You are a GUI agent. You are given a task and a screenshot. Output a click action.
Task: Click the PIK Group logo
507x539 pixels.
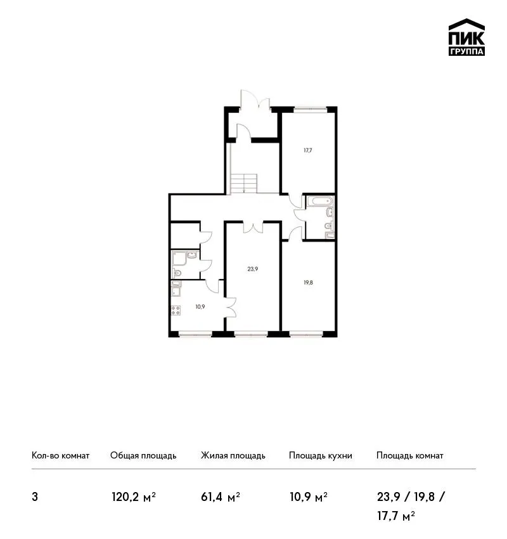pyautogui.click(x=466, y=37)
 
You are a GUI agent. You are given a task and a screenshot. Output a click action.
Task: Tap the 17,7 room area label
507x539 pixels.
pyautogui.click(x=308, y=150)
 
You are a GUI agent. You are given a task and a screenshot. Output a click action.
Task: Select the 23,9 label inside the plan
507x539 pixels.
pyautogui.click(x=252, y=269)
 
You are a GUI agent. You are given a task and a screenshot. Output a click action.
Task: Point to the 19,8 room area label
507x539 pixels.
pyautogui.click(x=308, y=283)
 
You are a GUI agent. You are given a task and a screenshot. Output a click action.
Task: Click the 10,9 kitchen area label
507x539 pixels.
pyautogui.click(x=200, y=307)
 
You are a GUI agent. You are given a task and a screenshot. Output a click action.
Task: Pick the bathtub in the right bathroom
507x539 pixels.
pyautogui.click(x=319, y=202)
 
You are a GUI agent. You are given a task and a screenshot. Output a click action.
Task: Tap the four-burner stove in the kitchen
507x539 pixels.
pyautogui.click(x=176, y=311)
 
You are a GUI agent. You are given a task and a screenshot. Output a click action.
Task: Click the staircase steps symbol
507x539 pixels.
pyautogui.click(x=243, y=183)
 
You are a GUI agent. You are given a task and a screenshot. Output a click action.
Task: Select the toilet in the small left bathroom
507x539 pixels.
pyautogui.click(x=177, y=273)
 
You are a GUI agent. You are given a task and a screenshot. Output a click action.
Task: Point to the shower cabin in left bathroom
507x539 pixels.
pyautogui.click(x=179, y=259)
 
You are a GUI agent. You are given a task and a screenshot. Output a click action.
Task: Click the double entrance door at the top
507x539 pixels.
pyautogui.click(x=255, y=100)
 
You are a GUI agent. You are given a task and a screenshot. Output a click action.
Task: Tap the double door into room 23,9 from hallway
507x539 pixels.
pyautogui.click(x=253, y=228)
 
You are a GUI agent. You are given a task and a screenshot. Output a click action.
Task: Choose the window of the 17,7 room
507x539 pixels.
pyautogui.click(x=310, y=109)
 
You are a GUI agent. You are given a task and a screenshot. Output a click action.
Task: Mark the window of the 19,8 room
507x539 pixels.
pyautogui.click(x=306, y=334)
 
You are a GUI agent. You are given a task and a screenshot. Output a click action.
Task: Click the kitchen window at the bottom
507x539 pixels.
pyautogui.click(x=195, y=334)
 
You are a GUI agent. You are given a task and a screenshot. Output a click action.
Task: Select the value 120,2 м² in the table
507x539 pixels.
pyautogui.click(x=134, y=497)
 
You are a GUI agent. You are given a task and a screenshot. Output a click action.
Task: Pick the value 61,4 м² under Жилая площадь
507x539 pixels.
pyautogui.click(x=220, y=497)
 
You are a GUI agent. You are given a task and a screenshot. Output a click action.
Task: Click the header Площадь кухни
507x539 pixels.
pyautogui.click(x=321, y=455)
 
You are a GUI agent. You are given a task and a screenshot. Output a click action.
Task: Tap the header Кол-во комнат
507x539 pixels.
pyautogui.click(x=60, y=455)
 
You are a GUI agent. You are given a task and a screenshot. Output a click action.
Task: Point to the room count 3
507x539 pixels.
pyautogui.click(x=35, y=497)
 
